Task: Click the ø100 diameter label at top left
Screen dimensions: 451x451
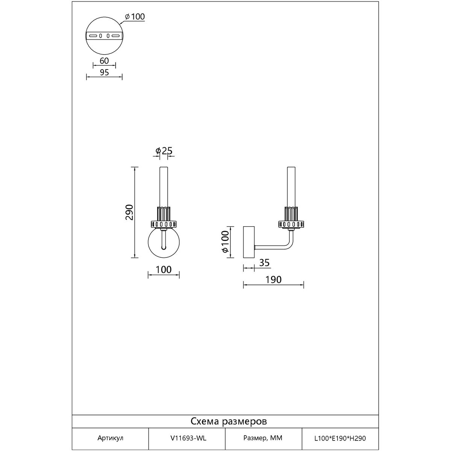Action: (135, 17)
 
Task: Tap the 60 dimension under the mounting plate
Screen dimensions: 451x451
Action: (104, 61)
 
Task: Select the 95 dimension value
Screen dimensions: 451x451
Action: (104, 73)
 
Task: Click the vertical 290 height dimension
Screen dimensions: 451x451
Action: (129, 212)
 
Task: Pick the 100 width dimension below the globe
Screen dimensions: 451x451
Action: (163, 269)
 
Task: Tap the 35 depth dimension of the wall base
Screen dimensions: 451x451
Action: (265, 263)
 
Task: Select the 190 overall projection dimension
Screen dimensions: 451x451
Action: (273, 280)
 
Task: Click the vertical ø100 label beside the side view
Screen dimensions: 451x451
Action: (225, 242)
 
